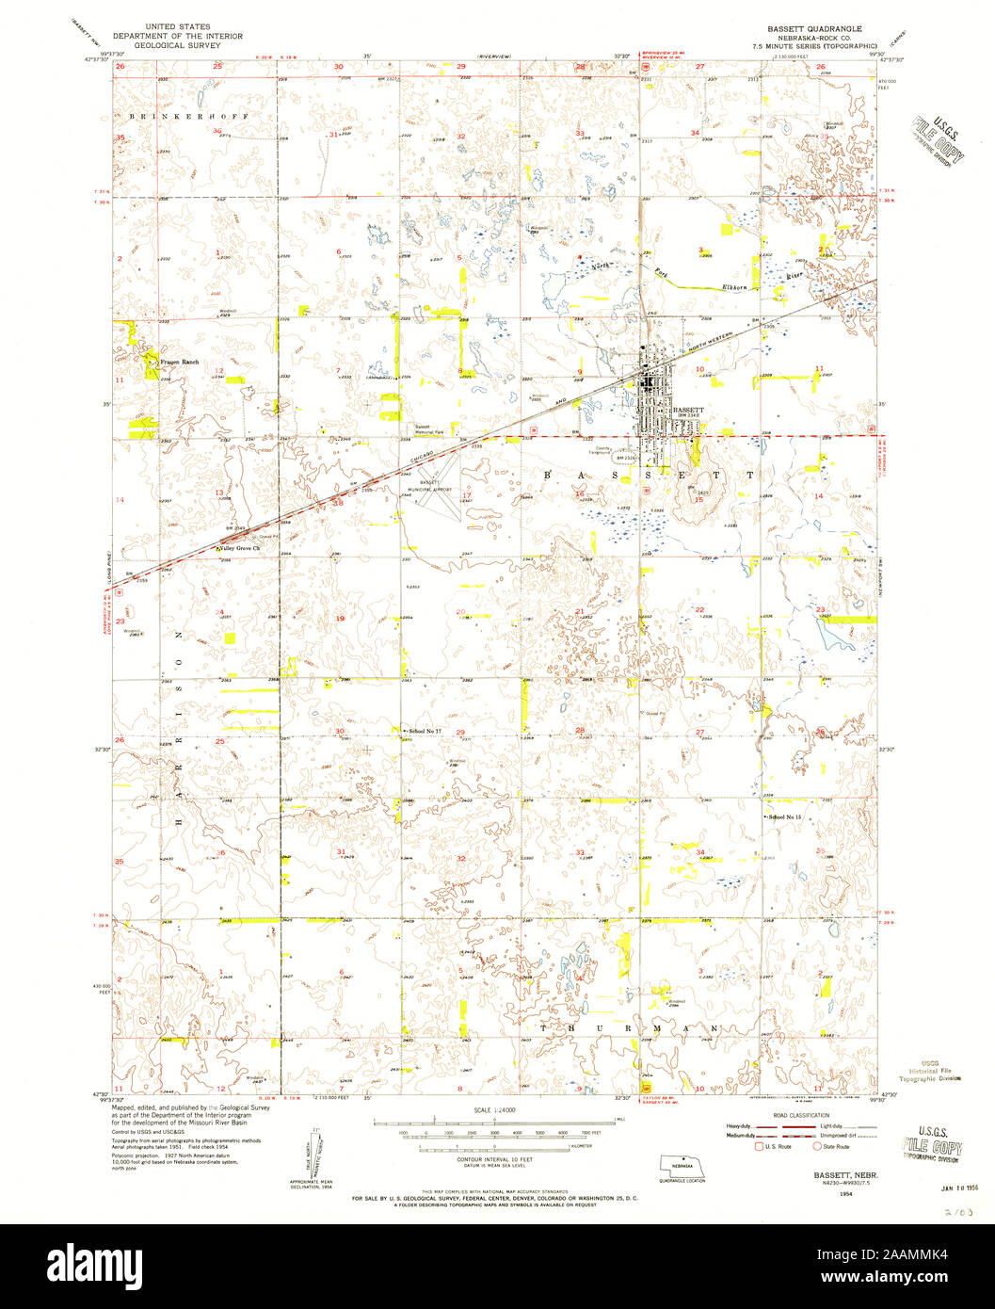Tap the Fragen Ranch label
click(x=180, y=363)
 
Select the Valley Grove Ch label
click(x=240, y=548)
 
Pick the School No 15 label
click(x=786, y=816)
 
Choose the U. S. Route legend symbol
click(x=758, y=1146)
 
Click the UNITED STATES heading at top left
click(x=177, y=26)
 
